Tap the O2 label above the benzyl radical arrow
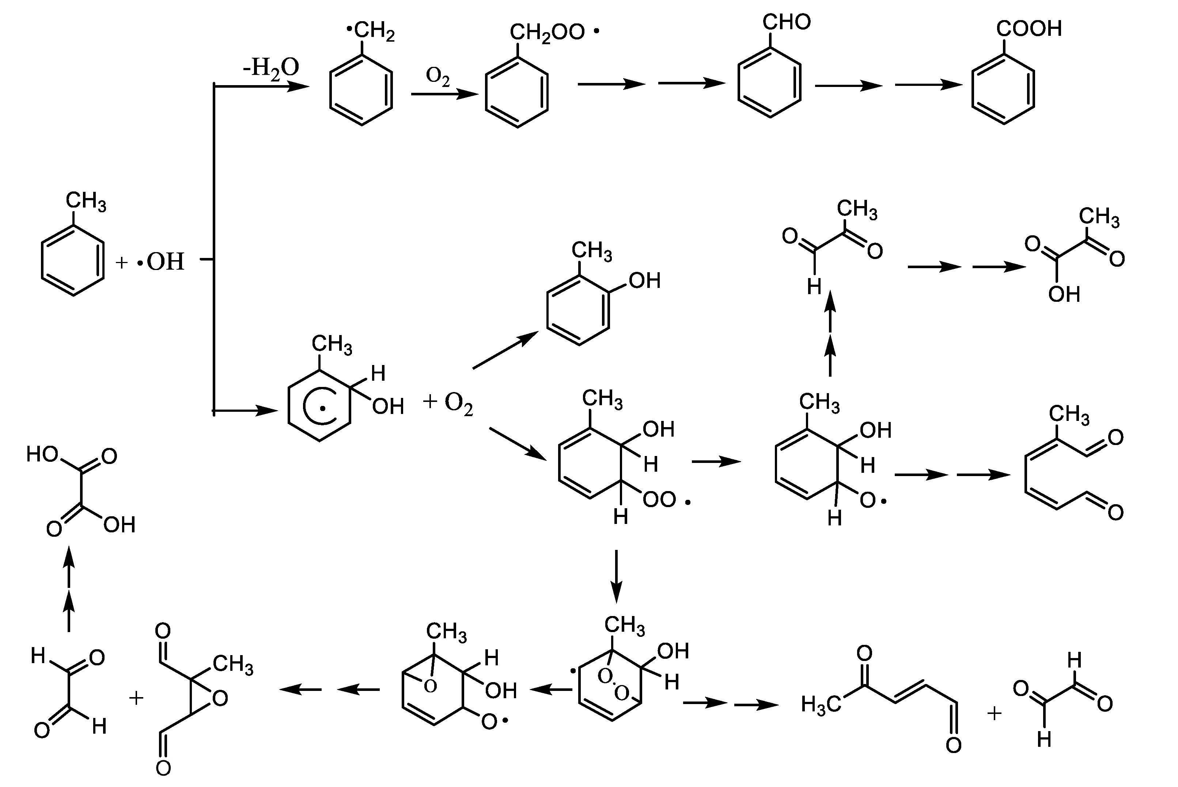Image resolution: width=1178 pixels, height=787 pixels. coord(438,76)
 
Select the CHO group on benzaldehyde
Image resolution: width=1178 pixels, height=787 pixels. coord(786,22)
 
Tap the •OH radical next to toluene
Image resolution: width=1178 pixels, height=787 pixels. coord(161,262)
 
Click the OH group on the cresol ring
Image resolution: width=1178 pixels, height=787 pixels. coord(644,281)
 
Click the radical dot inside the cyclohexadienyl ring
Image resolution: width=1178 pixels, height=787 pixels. coord(323,409)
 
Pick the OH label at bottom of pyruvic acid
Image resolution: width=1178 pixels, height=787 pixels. coord(1064,294)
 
